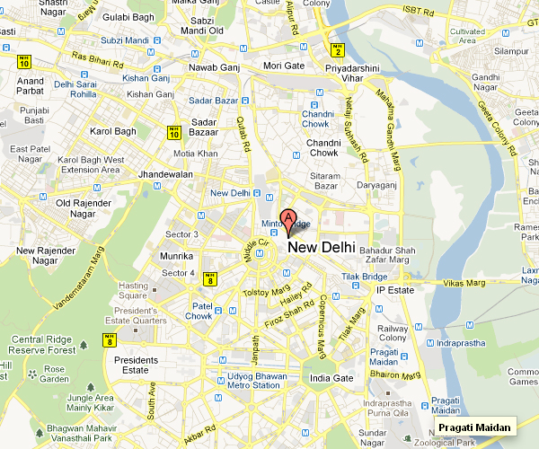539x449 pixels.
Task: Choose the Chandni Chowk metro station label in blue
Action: [x=319, y=118]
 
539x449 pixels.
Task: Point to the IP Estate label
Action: [x=393, y=290]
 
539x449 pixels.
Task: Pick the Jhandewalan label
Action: [x=167, y=174]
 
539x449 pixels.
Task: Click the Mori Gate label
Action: [x=284, y=66]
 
